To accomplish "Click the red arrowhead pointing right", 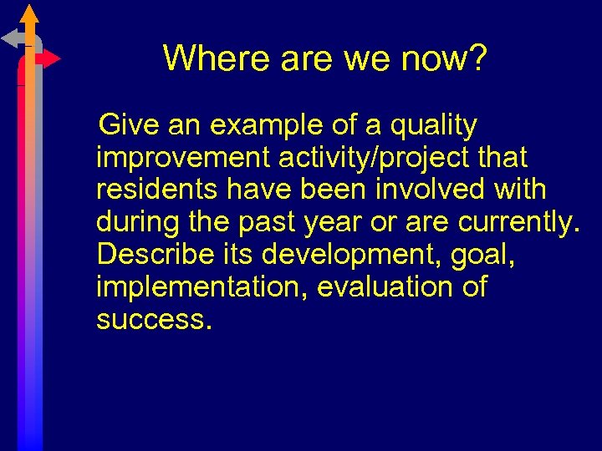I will [52, 58].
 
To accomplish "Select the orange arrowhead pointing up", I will [30, 13].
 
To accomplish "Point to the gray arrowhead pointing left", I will [10, 38].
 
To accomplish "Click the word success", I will [150, 318].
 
